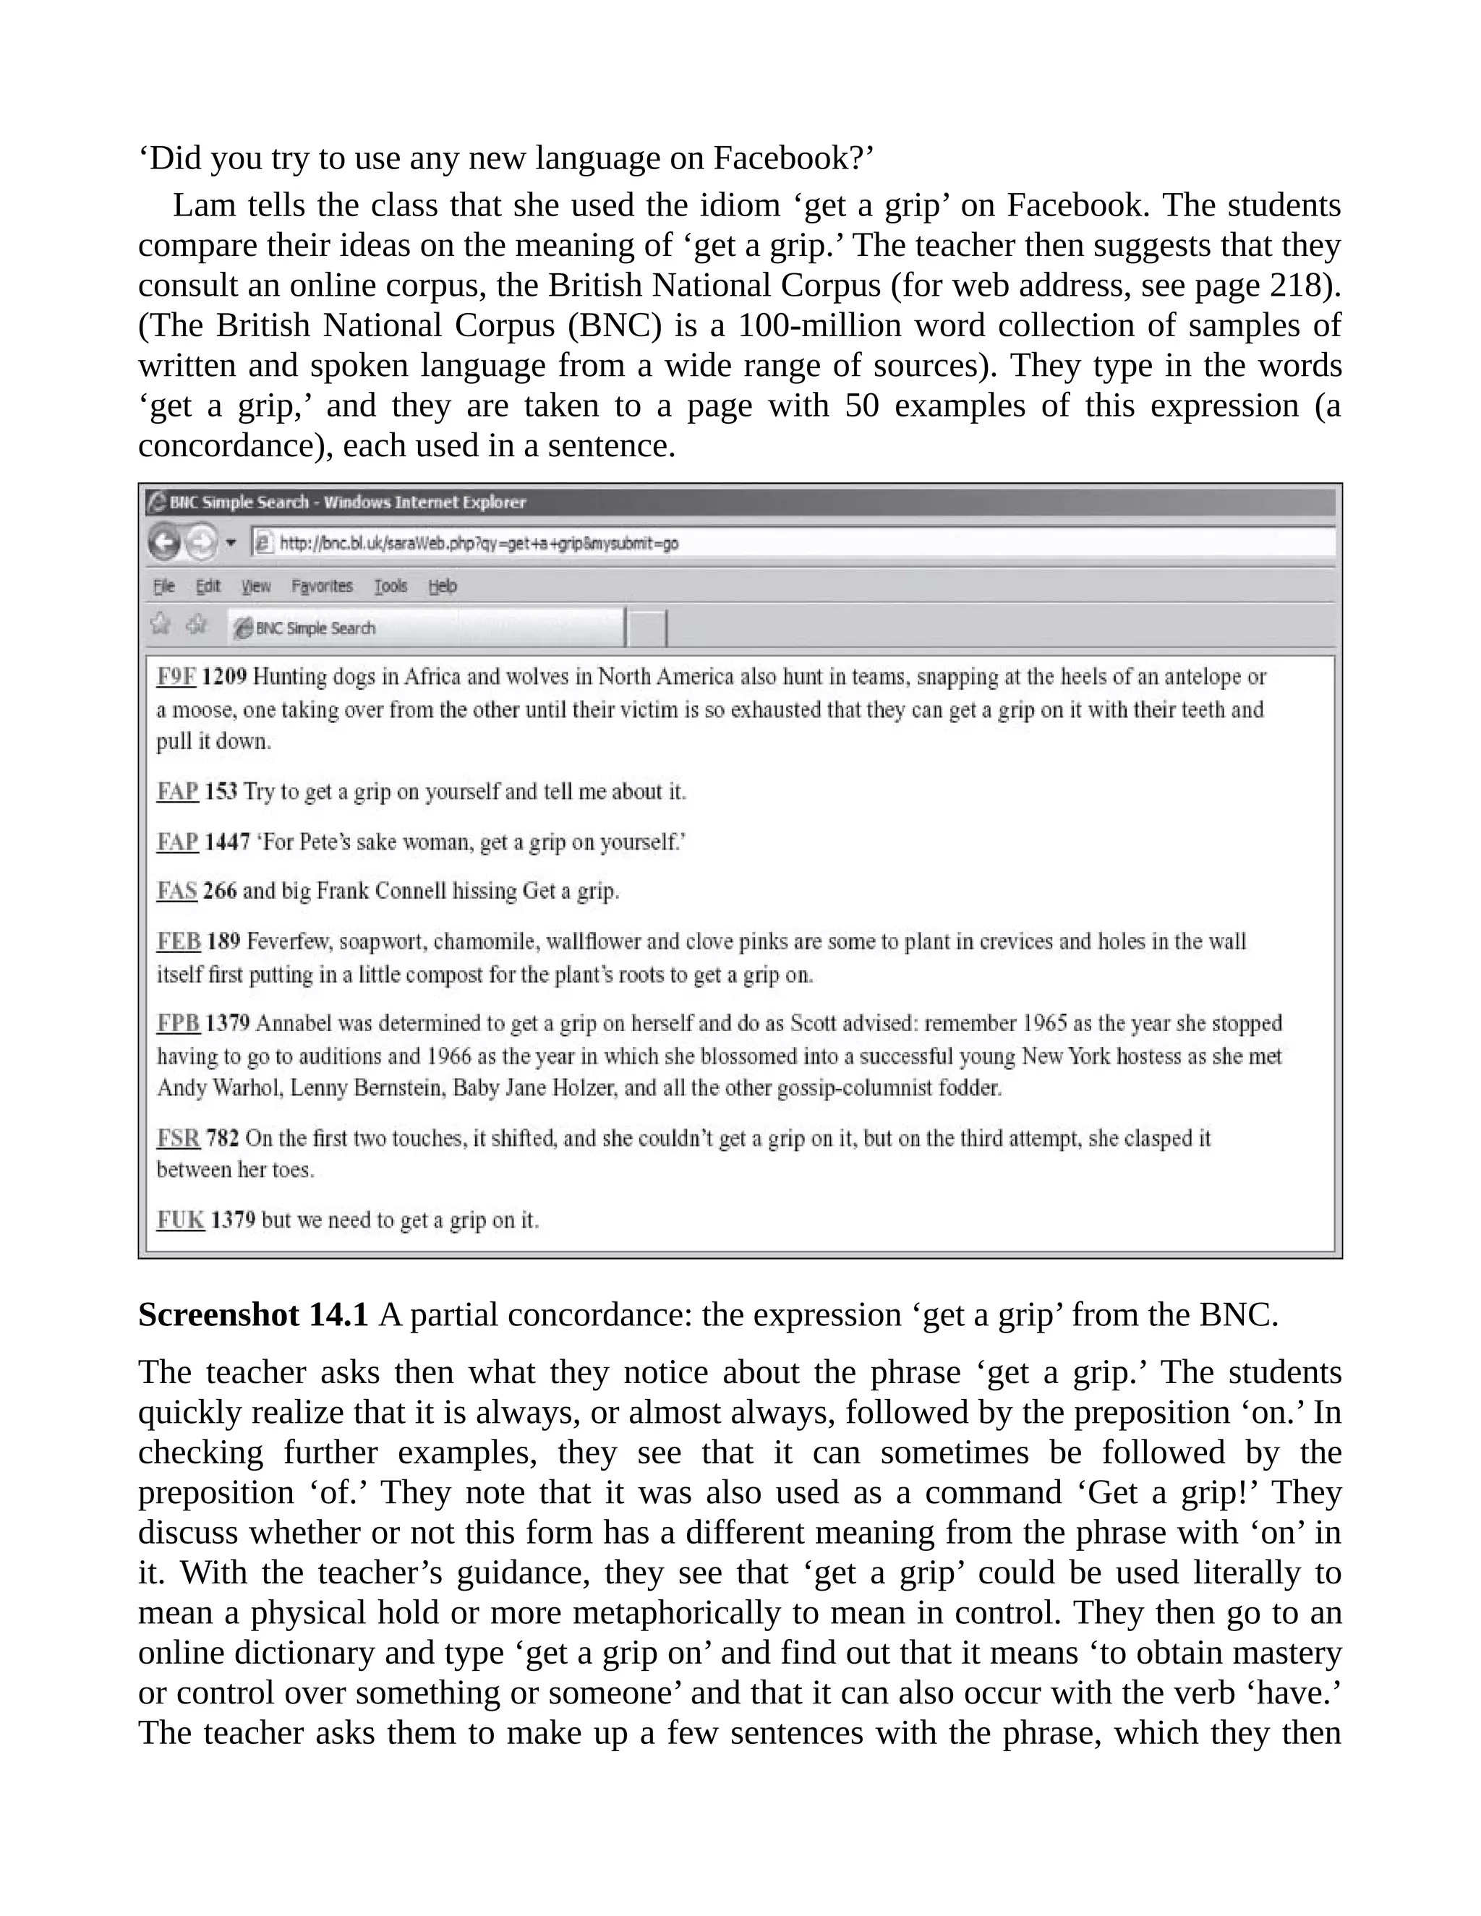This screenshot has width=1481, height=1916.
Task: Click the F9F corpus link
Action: pos(176,677)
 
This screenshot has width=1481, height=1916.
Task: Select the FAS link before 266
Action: pos(176,891)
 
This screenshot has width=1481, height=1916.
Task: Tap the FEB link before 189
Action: pos(178,941)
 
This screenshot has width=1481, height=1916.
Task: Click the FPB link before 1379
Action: pos(178,1023)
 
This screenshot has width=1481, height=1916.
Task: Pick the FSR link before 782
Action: pos(178,1138)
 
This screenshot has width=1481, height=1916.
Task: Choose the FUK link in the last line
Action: pos(181,1220)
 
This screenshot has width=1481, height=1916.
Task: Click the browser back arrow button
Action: pos(164,542)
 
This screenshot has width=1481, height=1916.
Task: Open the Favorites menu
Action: pos(321,586)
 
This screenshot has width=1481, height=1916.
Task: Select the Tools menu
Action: pos(390,586)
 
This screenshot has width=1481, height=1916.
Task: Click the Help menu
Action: pos(442,586)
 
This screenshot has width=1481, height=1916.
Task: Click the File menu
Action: pos(164,586)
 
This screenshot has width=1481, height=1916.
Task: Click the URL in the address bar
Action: pos(478,543)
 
